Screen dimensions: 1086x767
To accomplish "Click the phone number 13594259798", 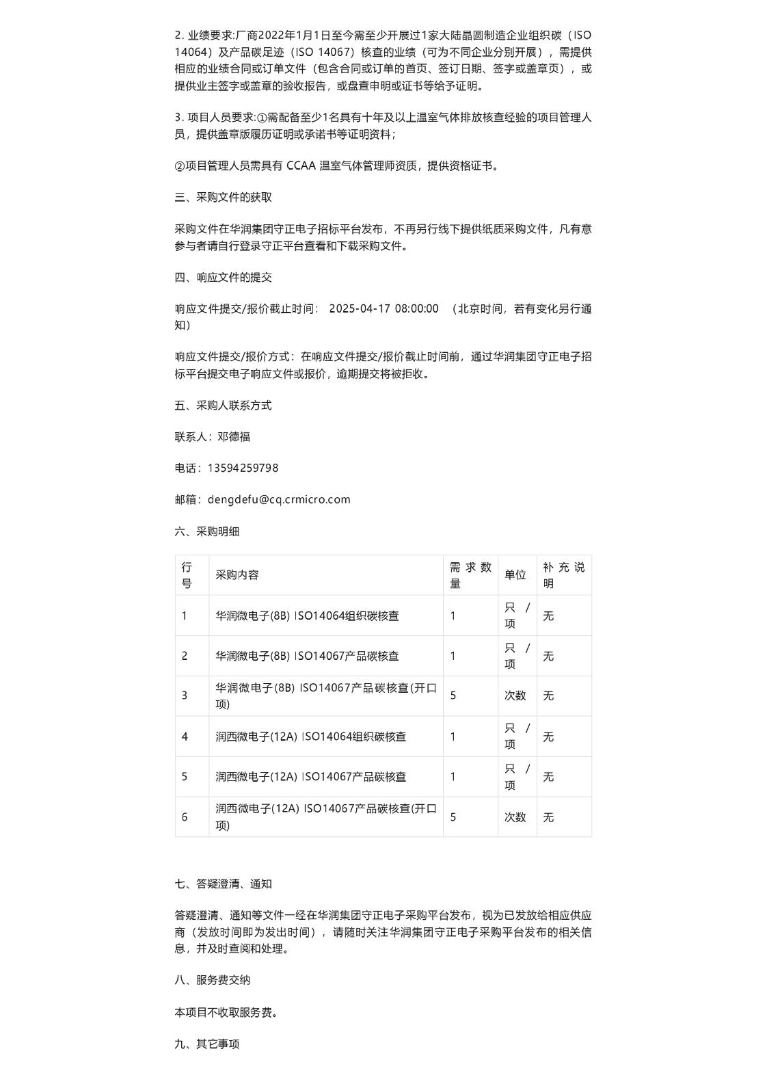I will [243, 468].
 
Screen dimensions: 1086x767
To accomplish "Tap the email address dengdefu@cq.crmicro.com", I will [278, 500].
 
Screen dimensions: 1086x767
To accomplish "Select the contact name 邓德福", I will [234, 437].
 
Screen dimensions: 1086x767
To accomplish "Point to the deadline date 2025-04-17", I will [360, 309].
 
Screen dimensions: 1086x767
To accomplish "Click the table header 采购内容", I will [237, 575].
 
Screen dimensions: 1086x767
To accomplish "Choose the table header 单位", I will [515, 575].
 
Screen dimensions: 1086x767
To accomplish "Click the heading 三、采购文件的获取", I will [223, 198].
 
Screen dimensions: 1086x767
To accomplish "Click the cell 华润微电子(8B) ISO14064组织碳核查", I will [307, 616].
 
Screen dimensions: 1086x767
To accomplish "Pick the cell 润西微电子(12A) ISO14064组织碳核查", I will [310, 737].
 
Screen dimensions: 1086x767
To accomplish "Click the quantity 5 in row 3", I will [453, 696].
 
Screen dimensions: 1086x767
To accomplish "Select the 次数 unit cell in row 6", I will [515, 818].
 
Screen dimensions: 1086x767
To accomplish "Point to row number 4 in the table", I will [185, 737].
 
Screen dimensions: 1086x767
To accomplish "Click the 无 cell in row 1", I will [548, 616].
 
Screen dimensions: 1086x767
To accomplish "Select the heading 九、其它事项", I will [206, 1044].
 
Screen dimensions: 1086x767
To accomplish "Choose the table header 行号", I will [187, 575].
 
